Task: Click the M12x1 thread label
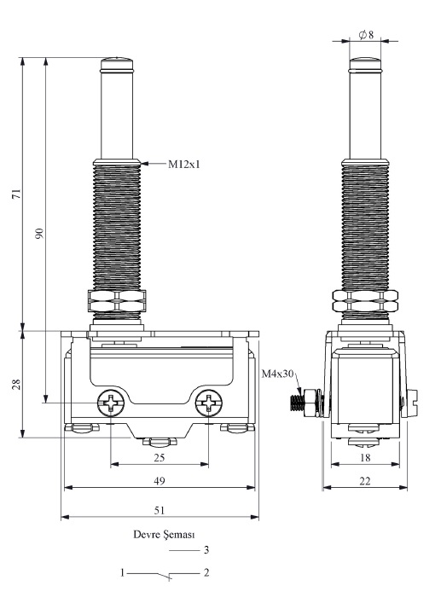(184, 165)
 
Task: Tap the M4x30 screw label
(277, 374)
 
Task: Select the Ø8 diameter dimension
(367, 35)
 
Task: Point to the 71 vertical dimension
(17, 194)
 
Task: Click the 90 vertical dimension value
(40, 234)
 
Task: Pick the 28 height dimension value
(17, 384)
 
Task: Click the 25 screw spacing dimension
(160, 457)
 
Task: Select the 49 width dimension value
(160, 481)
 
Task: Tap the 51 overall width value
(160, 510)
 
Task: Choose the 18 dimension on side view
(365, 457)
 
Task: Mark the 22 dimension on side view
(365, 481)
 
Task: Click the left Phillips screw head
(111, 403)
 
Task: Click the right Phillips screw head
(209, 403)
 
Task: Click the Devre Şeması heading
(164, 535)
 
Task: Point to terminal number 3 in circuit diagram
(206, 549)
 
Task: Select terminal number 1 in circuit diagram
(122, 572)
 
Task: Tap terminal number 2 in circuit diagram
(206, 572)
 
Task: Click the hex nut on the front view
(117, 301)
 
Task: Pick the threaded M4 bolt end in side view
(297, 403)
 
